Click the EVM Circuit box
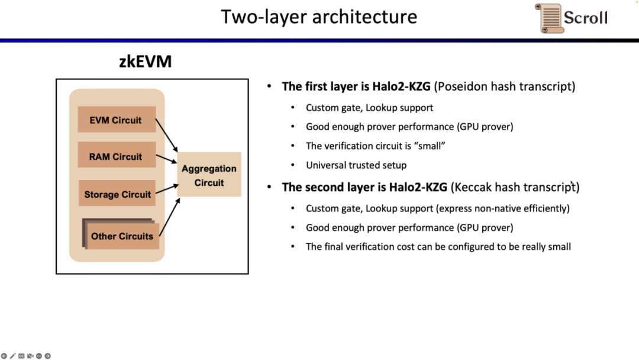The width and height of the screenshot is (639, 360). point(117,120)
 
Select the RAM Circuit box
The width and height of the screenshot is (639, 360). point(117,157)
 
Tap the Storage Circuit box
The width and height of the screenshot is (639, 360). point(117,194)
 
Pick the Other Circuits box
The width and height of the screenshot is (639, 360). point(122,236)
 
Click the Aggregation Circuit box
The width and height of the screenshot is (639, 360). point(209,175)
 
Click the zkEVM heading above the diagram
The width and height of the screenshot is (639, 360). point(145,62)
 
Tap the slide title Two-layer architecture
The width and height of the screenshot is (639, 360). point(319,17)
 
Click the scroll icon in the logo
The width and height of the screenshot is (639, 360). point(548,18)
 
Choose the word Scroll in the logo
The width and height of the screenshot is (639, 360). point(585,17)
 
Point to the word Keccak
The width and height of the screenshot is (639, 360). point(473,187)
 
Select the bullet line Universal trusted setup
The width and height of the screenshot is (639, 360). point(356,165)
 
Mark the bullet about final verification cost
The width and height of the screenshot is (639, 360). point(438,246)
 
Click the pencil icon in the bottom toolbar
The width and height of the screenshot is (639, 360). point(12,356)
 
